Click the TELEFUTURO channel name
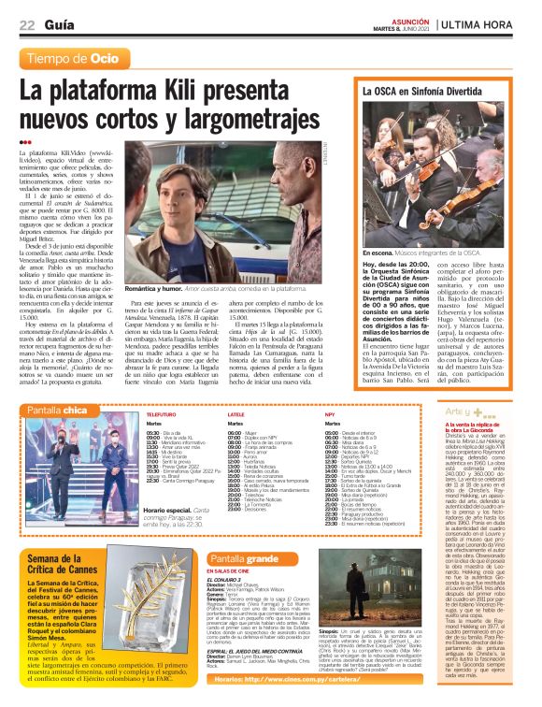[x=162, y=412]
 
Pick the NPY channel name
[x=330, y=412]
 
